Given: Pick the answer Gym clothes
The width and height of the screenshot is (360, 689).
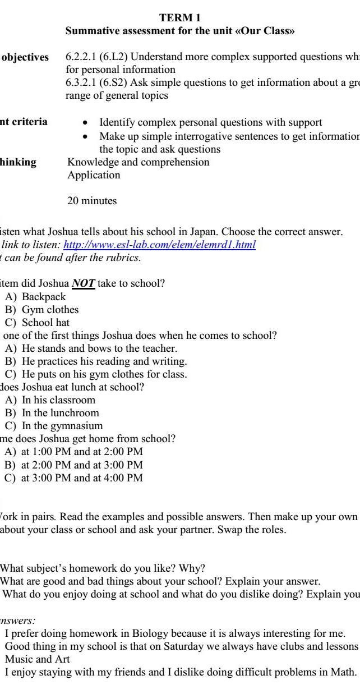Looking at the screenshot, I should coord(50,310).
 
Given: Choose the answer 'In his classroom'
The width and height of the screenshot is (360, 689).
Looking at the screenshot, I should coord(58,400).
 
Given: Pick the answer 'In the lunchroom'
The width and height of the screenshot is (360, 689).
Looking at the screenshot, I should coord(60,413).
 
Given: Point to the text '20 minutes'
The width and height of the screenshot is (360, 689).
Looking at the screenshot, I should coord(92,201).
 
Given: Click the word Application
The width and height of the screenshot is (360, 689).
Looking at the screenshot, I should coord(94,175).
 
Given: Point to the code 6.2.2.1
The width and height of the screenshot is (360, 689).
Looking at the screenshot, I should coord(81,57).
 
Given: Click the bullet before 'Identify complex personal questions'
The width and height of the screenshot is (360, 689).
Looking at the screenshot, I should coord(85,122).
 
